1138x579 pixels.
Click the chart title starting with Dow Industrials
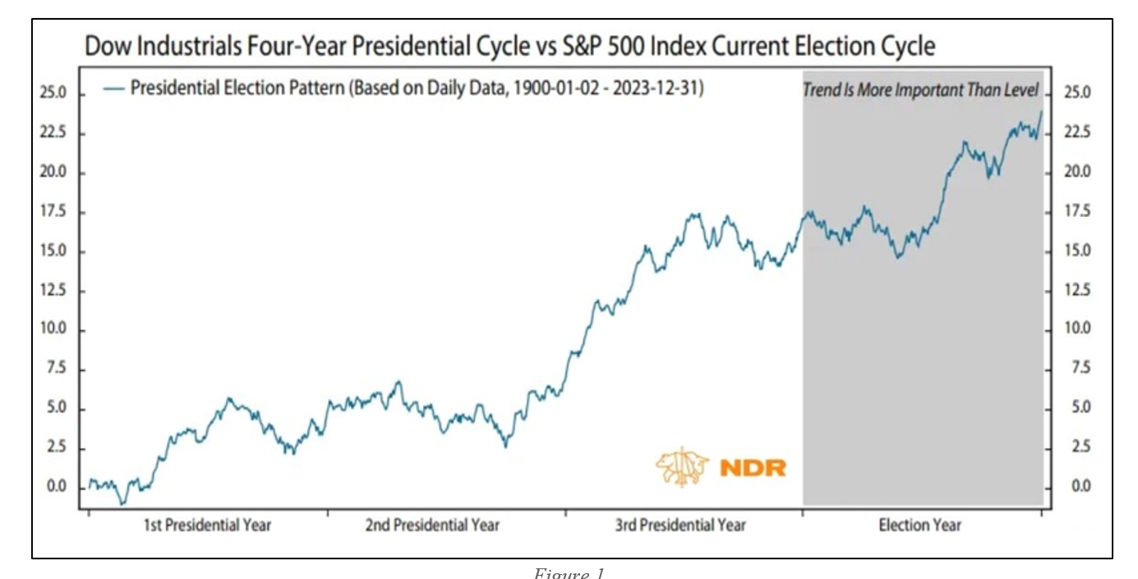pyautogui.click(x=510, y=47)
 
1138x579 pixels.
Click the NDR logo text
pyautogui.click(x=753, y=468)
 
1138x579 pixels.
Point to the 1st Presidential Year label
pyautogui.click(x=208, y=525)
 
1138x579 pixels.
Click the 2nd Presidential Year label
pyautogui.click(x=432, y=525)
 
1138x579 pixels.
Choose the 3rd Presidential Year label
pyautogui.click(x=681, y=525)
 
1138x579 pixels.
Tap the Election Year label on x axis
pyautogui.click(x=920, y=525)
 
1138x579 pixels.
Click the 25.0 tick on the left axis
pyautogui.click(x=53, y=94)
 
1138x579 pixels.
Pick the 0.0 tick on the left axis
pyautogui.click(x=53, y=487)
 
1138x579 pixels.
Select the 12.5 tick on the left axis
pyautogui.click(x=53, y=291)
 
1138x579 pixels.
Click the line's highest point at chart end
pyautogui.click(x=1041, y=112)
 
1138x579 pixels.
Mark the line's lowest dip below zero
pyautogui.click(x=122, y=503)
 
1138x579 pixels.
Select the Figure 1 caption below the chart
pyautogui.click(x=569, y=573)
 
